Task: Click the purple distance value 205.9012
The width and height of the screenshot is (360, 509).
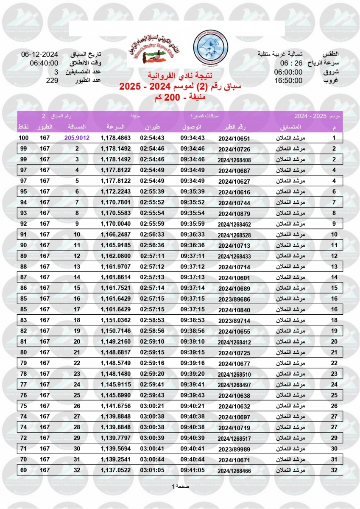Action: pyautogui.click(x=77, y=138)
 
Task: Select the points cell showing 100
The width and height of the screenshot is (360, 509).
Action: pyautogui.click(x=23, y=138)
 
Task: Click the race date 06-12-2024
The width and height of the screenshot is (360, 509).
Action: pyautogui.click(x=39, y=54)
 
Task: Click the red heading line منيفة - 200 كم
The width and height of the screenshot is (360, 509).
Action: pyautogui.click(x=180, y=97)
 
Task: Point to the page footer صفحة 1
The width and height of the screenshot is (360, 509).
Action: pyautogui.click(x=180, y=486)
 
